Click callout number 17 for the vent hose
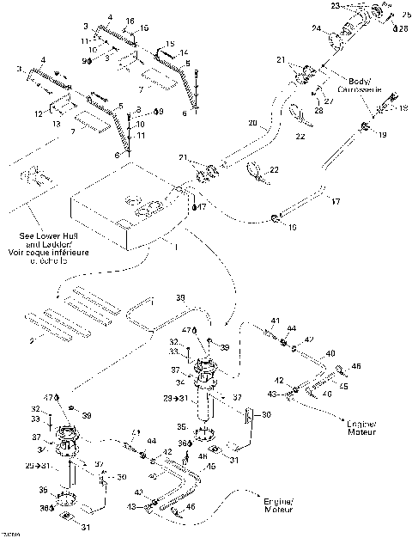coord(336,202)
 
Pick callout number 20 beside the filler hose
coord(252,124)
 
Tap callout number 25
coord(406,15)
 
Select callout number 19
coord(383,136)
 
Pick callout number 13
coord(57,123)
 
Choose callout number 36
coord(181,443)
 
